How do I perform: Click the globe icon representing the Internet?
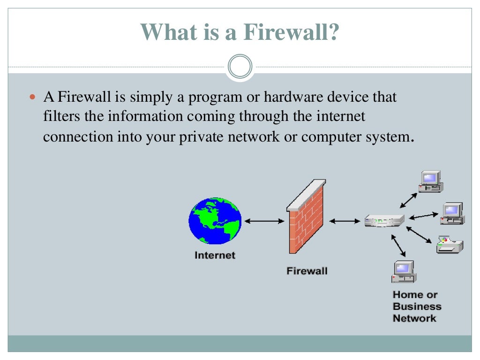pos(215,220)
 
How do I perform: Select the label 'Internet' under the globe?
pos(215,255)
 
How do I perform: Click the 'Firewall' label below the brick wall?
pos(307,271)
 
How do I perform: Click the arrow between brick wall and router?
pos(345,221)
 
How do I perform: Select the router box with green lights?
pos(384,221)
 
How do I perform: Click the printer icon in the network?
pos(450,245)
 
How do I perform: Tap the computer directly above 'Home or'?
pos(404,271)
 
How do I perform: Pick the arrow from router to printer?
pos(419,235)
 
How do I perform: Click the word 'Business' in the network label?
pos(417,307)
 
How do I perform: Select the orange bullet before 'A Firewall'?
pos(32,98)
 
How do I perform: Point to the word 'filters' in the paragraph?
pos(62,116)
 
